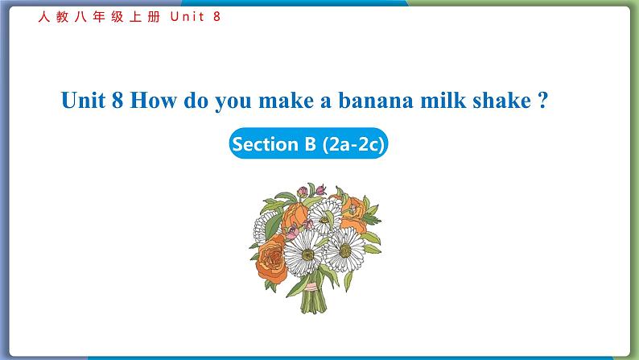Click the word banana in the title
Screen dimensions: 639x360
point(376,101)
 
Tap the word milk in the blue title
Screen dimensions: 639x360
point(443,100)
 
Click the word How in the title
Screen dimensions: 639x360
point(153,100)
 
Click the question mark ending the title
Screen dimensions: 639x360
point(542,100)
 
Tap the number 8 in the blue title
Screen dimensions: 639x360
point(117,100)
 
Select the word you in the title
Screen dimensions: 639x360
point(233,103)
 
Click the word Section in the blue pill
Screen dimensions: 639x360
point(265,144)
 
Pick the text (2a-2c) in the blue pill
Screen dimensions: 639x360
point(353,144)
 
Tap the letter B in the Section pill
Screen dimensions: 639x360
point(310,144)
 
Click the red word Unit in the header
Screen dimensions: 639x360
point(187,17)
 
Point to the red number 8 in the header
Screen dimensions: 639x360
point(216,17)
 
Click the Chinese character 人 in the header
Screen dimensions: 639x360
point(44,17)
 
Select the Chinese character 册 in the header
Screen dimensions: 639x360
point(154,17)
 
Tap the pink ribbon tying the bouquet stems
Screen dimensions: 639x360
point(311,287)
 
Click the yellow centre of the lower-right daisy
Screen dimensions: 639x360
point(345,250)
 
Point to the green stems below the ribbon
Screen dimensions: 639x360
point(313,301)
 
